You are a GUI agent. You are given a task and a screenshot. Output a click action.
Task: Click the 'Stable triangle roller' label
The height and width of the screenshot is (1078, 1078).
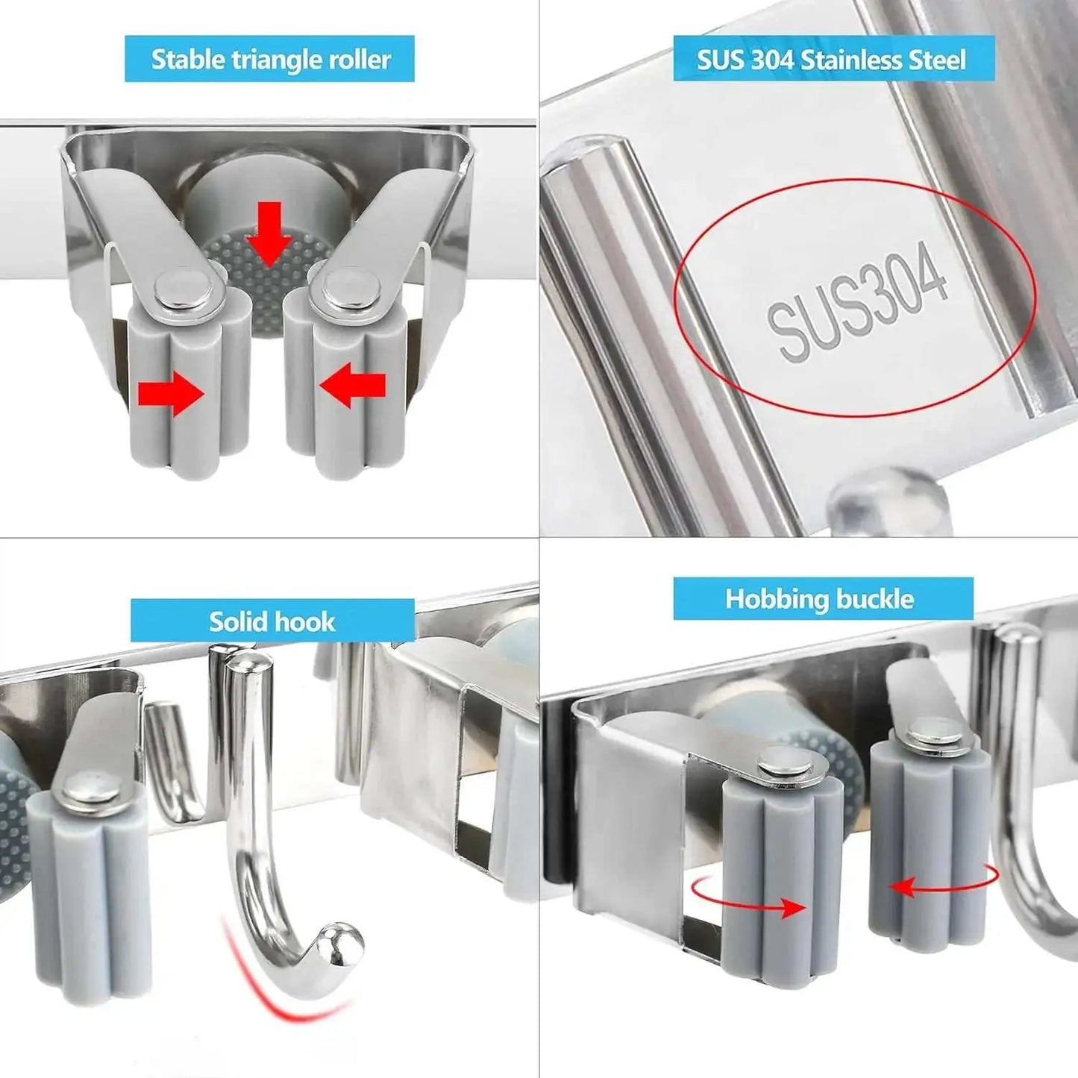[270, 59]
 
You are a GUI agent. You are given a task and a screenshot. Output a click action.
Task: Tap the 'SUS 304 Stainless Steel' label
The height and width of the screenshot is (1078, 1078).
[833, 59]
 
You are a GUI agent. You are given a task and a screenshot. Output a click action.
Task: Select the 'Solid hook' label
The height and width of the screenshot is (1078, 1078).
[272, 621]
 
